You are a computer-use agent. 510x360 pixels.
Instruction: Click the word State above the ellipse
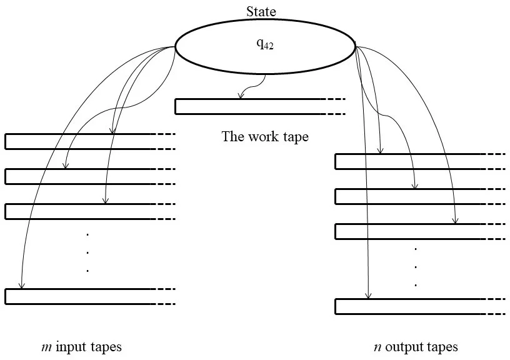tap(261, 11)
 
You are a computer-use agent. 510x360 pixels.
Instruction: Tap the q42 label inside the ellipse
tap(265, 46)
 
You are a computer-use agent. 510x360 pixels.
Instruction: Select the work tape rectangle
tap(250, 106)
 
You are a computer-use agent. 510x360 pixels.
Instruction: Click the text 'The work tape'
tap(265, 136)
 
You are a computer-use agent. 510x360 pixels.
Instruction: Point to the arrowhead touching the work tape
tap(240, 96)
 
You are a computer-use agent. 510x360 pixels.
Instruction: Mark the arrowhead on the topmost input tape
tap(112, 131)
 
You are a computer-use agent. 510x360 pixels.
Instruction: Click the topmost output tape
tap(406, 161)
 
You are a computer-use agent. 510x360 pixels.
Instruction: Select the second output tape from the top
tap(406, 196)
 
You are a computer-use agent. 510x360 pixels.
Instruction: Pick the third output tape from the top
tap(406, 231)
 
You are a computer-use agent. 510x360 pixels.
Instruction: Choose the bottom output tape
tap(406, 306)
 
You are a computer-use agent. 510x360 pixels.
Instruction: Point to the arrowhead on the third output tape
tap(456, 221)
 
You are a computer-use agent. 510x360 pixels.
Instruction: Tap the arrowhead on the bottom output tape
tap(368, 296)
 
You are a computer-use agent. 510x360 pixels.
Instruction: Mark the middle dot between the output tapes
tap(416, 267)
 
